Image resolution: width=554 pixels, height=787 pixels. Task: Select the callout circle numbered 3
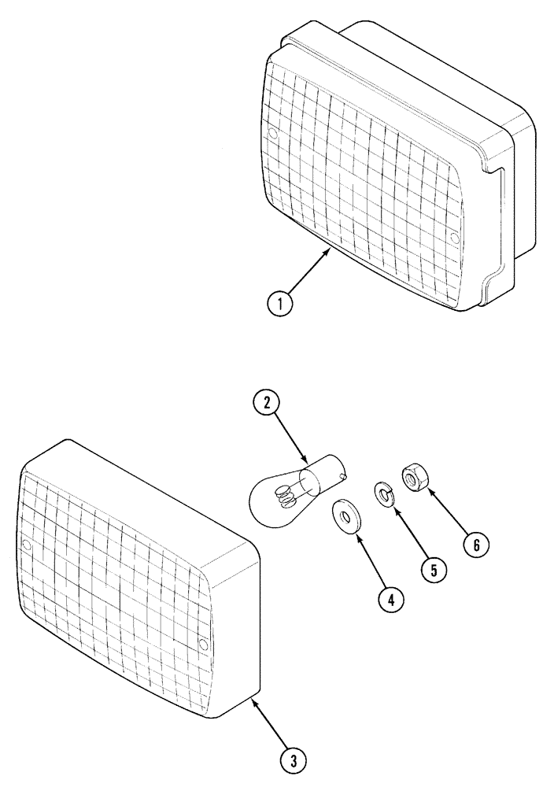click(x=293, y=761)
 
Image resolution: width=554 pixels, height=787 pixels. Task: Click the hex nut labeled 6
click(x=413, y=477)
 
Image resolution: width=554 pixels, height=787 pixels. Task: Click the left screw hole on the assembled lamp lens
click(x=273, y=135)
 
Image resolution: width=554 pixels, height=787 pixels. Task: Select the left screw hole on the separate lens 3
click(x=26, y=545)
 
